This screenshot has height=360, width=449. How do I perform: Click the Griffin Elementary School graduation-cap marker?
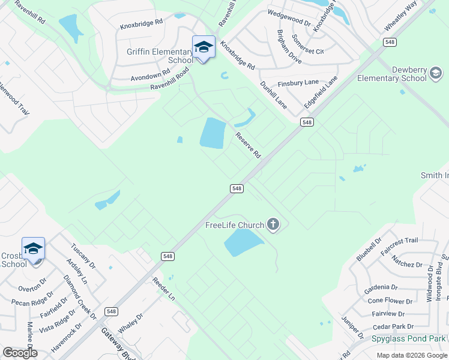point(203,47)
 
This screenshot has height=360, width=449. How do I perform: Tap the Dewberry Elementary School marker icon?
point(436,74)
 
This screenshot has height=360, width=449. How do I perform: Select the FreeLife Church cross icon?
point(273,225)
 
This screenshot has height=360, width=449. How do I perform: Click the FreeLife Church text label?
point(235,226)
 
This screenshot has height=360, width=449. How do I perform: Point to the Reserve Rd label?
point(248,145)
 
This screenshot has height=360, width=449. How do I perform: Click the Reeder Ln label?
point(163,289)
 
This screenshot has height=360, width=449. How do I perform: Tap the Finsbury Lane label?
point(298,83)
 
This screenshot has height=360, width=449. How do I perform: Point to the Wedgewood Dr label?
point(289,19)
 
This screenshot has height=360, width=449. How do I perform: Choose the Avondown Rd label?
point(146,76)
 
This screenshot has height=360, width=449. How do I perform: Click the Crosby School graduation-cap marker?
point(33,248)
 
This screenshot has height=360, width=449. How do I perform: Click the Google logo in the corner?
point(19,353)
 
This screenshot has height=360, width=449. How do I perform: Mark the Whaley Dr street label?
point(131,325)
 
